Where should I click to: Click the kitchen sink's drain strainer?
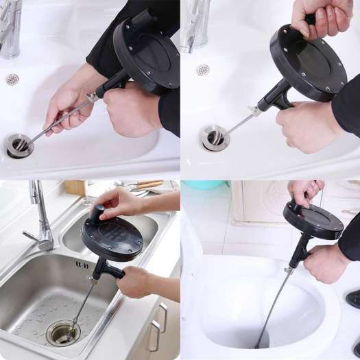62,332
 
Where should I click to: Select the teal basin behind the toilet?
204,185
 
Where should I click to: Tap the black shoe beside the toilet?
353,298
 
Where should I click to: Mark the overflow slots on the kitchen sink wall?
82,264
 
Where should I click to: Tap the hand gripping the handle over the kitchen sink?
134,280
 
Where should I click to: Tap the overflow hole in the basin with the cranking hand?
202,70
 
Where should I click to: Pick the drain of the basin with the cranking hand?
215,136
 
